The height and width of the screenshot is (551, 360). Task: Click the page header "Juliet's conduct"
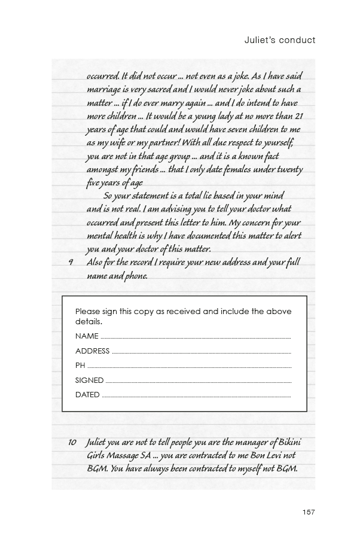coord(280,40)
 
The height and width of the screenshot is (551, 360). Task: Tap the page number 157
coord(309,512)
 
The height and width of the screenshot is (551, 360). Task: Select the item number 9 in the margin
coord(71,263)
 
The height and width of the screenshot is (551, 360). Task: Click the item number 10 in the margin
coord(72,443)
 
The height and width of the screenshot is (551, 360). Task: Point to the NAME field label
coord(87,336)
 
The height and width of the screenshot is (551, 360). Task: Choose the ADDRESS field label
coord(92,351)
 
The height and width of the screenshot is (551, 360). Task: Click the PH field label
coord(80,366)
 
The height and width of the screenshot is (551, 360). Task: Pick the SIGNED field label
coord(89,380)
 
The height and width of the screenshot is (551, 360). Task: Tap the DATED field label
coord(87,395)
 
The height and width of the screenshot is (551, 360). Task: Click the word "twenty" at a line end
coord(288,169)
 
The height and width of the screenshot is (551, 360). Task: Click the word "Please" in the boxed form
coord(87,312)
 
